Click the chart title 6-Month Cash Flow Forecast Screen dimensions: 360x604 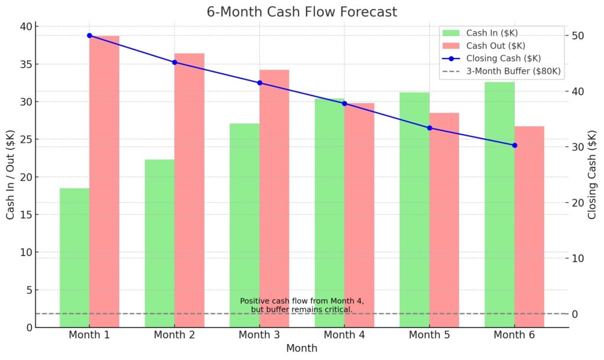click(301, 12)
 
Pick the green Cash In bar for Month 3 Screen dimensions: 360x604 click(245, 225)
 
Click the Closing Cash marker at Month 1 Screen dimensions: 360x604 click(90, 35)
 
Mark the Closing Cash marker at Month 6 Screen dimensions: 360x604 click(514, 145)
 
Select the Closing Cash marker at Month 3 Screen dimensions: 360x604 click(260, 83)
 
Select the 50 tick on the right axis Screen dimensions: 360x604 click(577, 35)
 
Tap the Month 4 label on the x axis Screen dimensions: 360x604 click(344, 335)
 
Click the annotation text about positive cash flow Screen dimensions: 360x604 click(301, 305)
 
